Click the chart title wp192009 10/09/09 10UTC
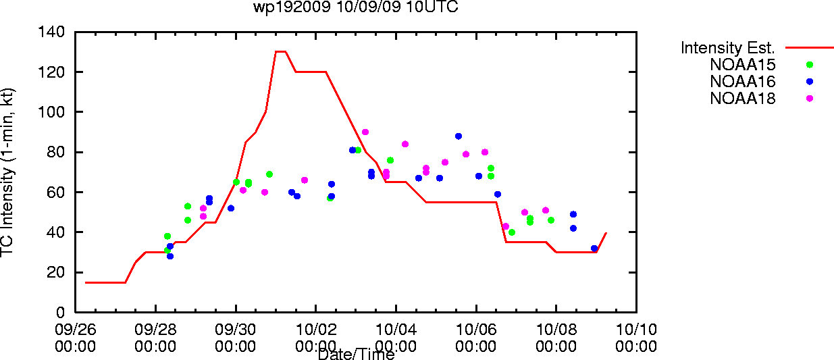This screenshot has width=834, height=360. (356, 7)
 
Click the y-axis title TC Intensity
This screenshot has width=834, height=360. (7, 209)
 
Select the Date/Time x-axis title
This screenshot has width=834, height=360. (357, 354)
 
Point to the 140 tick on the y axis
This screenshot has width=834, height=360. (51, 32)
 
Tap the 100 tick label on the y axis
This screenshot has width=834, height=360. (51, 111)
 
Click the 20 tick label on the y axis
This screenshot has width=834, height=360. (56, 272)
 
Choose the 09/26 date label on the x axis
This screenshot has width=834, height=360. (76, 330)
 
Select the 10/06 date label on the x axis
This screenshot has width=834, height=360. (476, 330)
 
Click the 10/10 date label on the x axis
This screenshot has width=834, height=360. (636, 330)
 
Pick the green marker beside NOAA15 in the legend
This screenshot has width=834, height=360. (810, 65)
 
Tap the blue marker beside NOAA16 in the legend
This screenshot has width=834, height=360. (810, 82)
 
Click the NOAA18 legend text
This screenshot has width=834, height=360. (743, 99)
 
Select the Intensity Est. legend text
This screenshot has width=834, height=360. (728, 48)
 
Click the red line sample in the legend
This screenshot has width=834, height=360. (810, 48)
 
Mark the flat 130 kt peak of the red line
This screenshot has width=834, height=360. (280, 51)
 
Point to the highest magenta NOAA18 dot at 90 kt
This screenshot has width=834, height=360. (365, 132)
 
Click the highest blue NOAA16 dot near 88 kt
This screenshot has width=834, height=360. (459, 136)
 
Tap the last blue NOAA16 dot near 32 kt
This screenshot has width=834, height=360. (594, 249)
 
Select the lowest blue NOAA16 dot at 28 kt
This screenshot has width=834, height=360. (170, 256)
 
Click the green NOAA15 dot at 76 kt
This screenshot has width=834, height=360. (390, 161)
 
